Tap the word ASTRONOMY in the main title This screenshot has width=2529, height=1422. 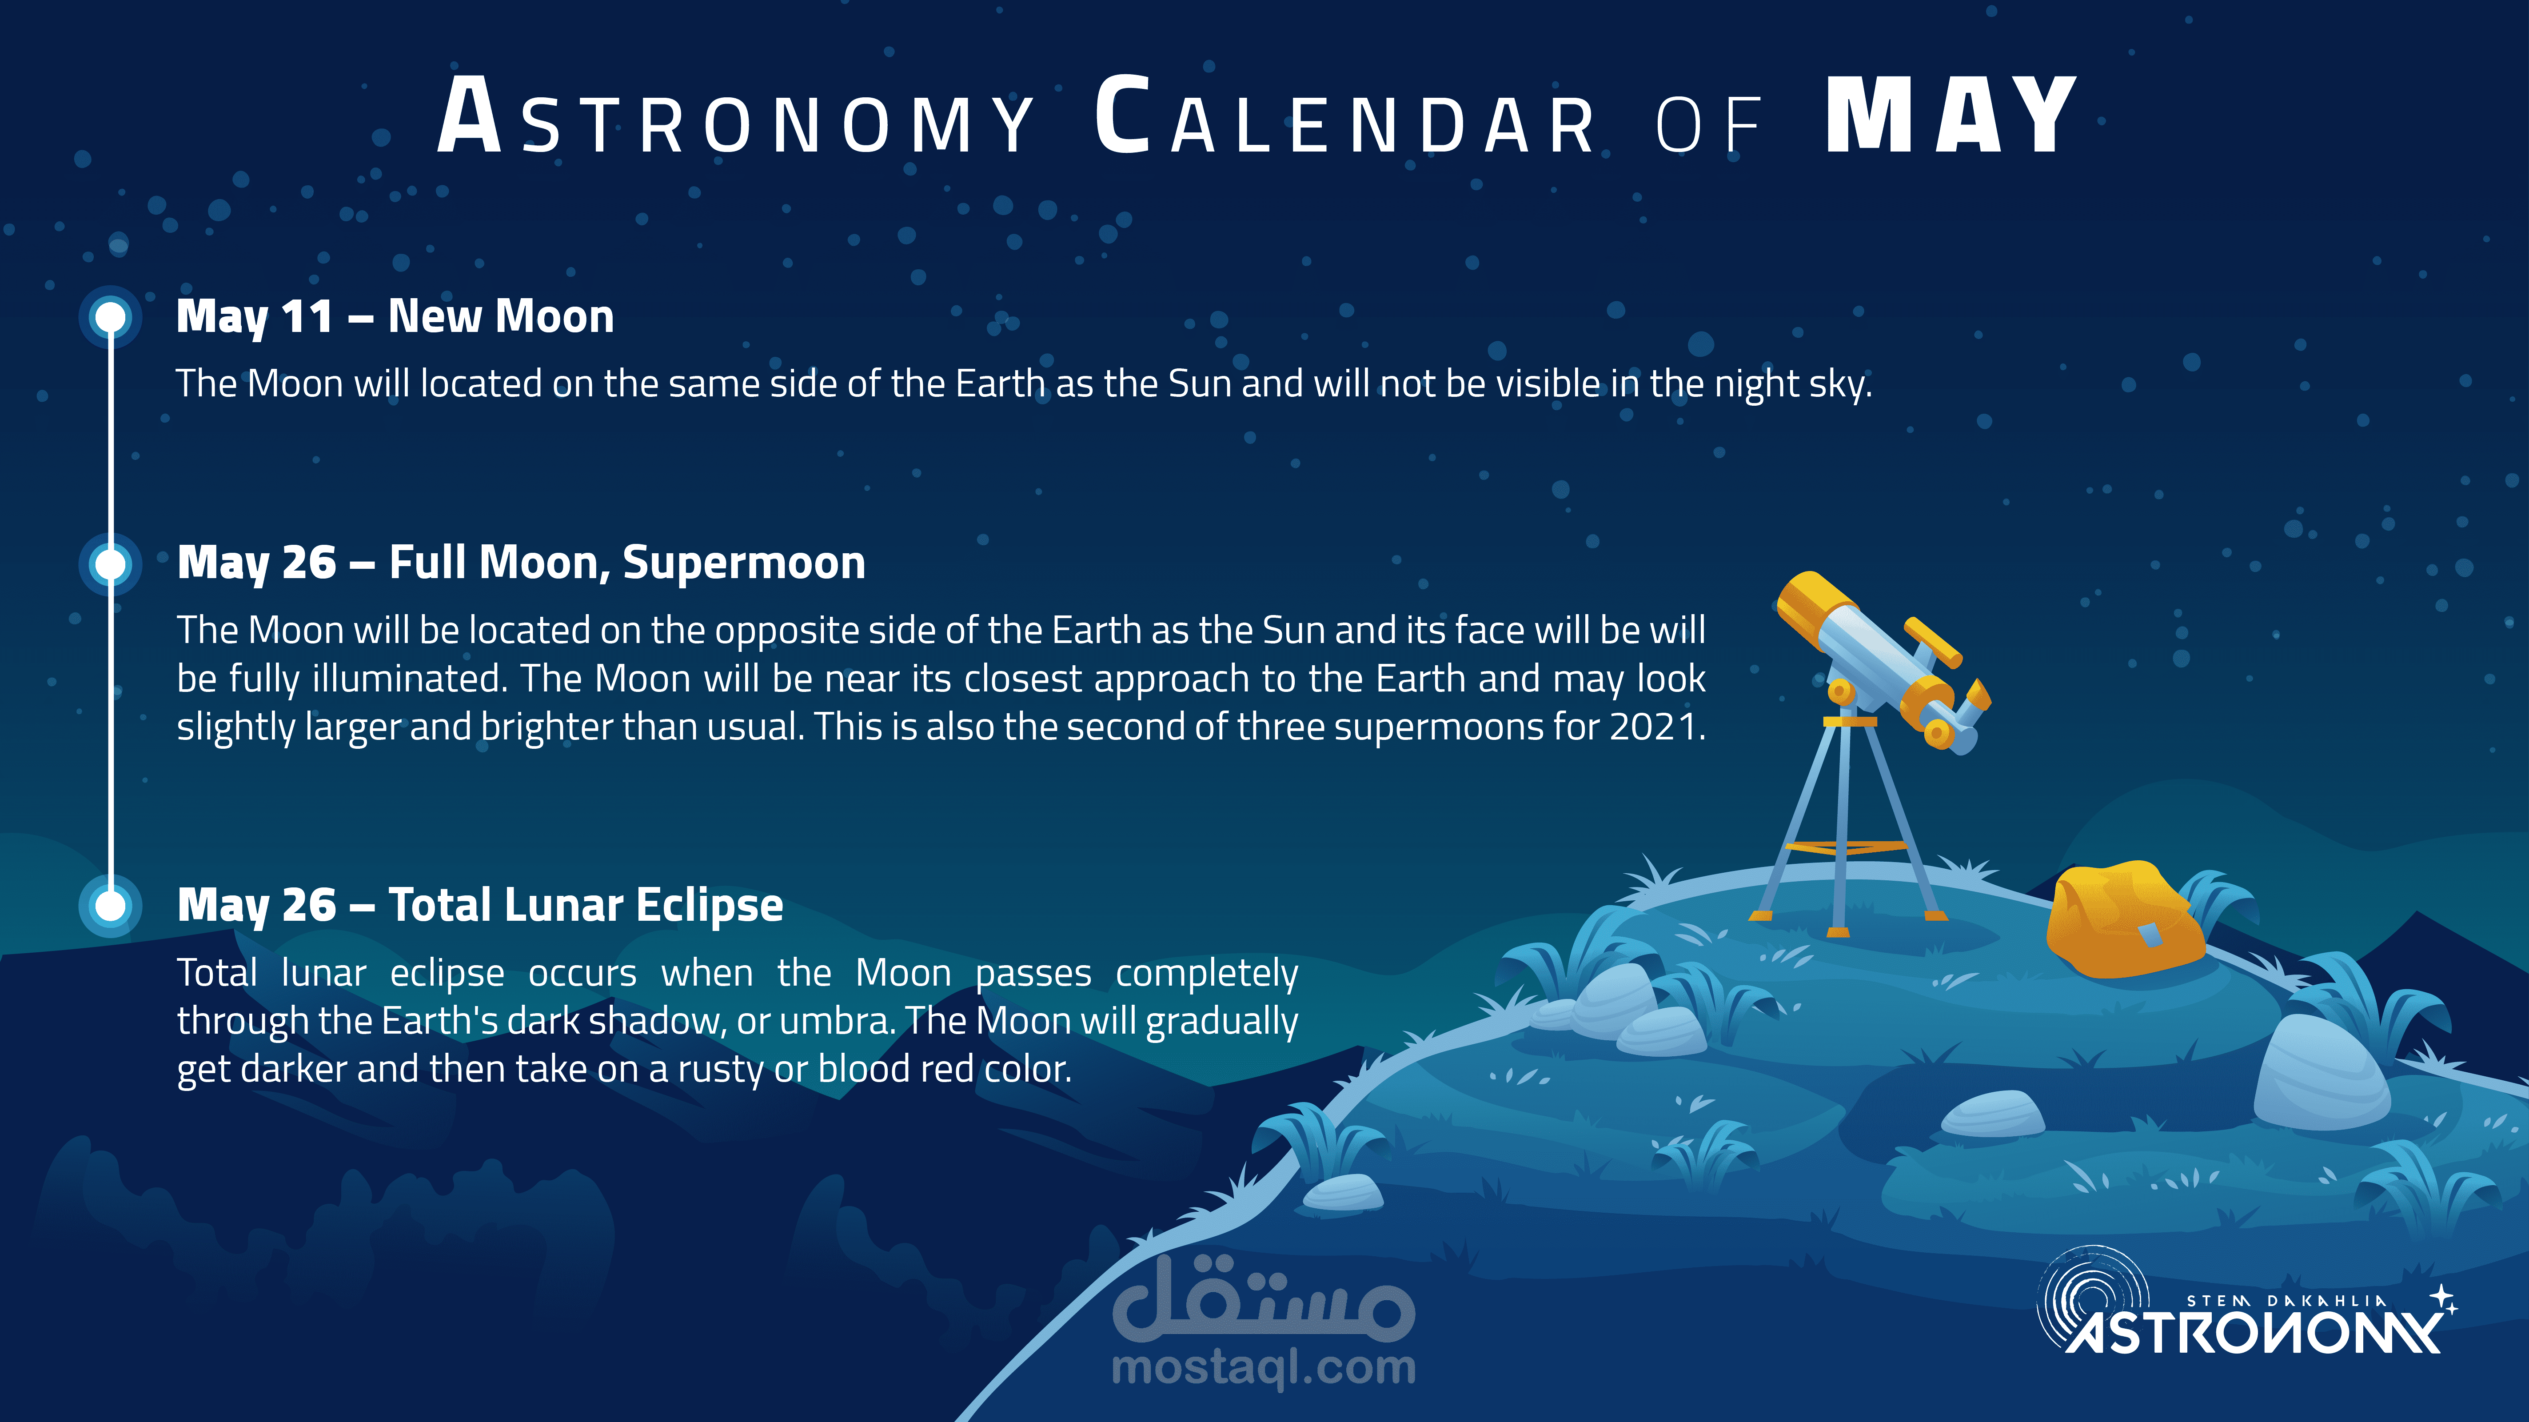click(x=735, y=116)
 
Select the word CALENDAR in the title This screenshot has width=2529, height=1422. click(x=1345, y=116)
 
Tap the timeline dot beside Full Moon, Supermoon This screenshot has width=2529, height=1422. click(x=110, y=564)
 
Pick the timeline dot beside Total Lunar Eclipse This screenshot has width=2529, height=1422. click(x=110, y=906)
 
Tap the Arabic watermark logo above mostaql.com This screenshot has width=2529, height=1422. click(x=1264, y=1301)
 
